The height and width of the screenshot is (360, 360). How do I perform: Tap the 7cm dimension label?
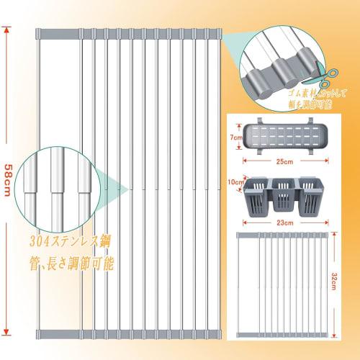coord(234,137)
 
